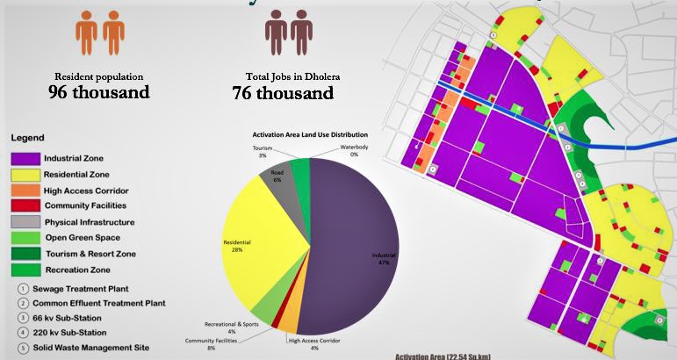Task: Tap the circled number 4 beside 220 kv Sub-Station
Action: point(19,332)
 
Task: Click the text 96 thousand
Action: point(99,91)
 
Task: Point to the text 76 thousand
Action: point(283,91)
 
